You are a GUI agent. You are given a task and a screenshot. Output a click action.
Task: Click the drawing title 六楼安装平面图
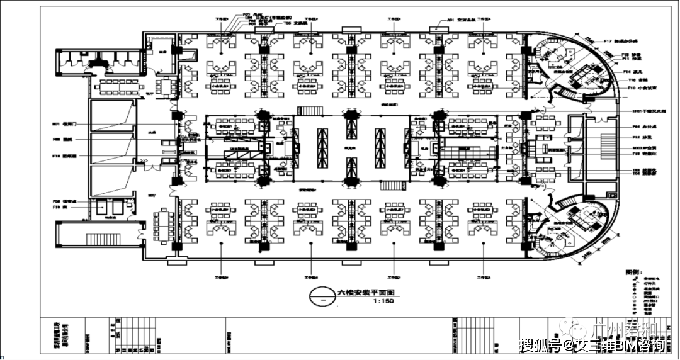(366, 293)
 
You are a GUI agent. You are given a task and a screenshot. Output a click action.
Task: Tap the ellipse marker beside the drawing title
(324, 296)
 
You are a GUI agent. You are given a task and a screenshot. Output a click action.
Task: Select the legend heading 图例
(633, 272)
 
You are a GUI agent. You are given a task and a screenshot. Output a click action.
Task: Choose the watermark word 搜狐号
(538, 345)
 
